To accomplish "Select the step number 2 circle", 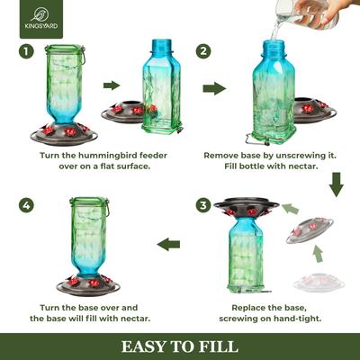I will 203,52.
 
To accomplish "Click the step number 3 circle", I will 203,205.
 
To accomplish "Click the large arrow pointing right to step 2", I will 214,88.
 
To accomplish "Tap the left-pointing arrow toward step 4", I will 168,244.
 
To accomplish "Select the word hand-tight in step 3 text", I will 306,318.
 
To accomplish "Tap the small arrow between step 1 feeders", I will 112,85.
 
